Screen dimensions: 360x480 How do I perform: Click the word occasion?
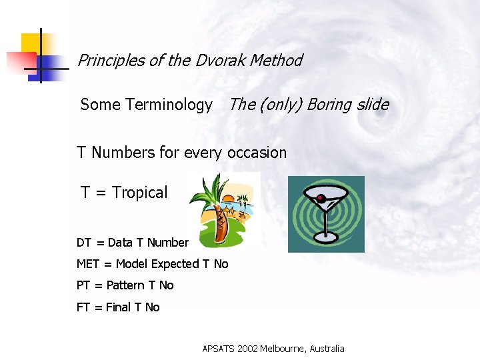[x=257, y=153]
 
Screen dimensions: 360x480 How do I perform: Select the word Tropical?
[x=140, y=193]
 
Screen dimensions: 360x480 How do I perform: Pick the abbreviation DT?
[x=84, y=243]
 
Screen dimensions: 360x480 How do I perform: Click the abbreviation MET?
[x=88, y=264]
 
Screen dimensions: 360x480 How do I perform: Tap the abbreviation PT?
[x=83, y=285]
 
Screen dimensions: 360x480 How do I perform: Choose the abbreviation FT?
[x=83, y=307]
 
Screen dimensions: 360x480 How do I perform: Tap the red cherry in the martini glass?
[x=321, y=198]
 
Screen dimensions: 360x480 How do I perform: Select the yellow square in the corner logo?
[x=29, y=42]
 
